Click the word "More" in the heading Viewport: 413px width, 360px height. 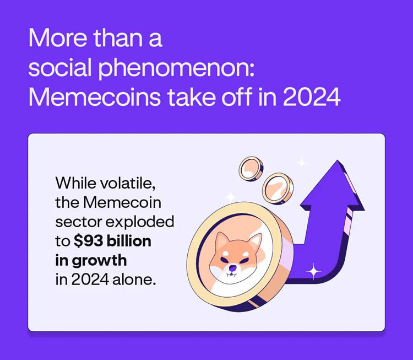point(58,38)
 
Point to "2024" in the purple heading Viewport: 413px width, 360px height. point(312,97)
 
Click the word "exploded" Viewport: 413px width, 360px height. point(140,222)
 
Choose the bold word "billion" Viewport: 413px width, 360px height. point(129,241)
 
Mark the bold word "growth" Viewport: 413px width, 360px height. point(99,261)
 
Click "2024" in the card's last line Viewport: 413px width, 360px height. point(90,280)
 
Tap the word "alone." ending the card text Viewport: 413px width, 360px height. point(134,280)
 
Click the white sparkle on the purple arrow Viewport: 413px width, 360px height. point(313,271)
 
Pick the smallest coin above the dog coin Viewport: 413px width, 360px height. point(251,169)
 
